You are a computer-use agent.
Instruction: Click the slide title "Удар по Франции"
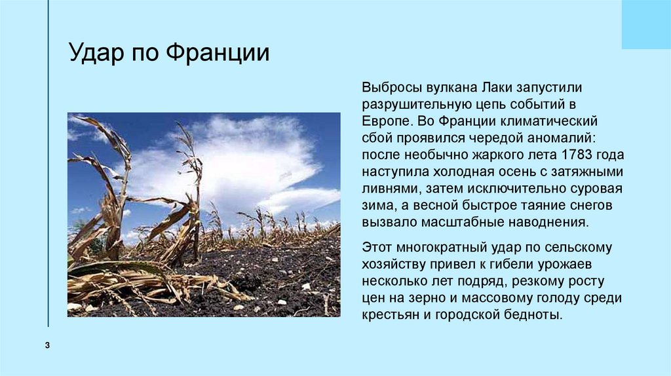coord(169,53)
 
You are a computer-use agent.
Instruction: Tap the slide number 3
coord(48,345)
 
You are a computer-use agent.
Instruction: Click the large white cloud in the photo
coord(242,157)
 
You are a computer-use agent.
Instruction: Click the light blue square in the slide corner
coord(645,24)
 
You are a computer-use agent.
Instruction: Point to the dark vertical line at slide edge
coord(48,164)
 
